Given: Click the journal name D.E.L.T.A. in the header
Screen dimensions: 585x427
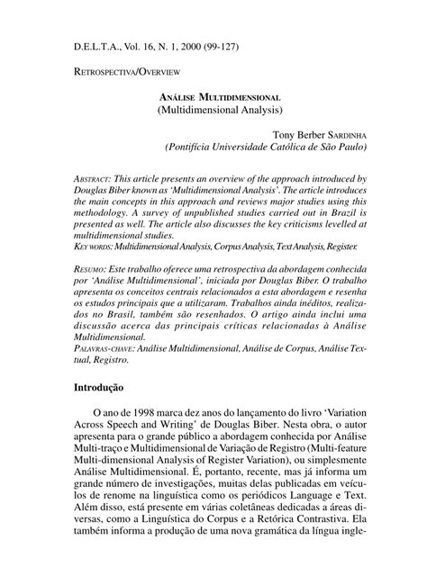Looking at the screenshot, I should (x=95, y=42).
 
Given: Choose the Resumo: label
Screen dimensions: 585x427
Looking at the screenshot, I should (x=95, y=269).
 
